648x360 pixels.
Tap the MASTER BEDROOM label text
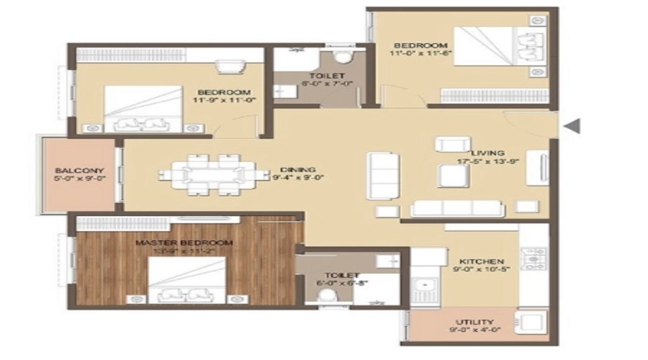(184, 243)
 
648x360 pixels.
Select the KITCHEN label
(477, 261)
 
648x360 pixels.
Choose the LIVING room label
(487, 153)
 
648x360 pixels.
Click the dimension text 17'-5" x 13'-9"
(487, 163)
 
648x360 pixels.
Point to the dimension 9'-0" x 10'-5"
(477, 270)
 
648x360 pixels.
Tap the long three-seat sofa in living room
(456, 208)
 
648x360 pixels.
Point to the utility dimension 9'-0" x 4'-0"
(474, 331)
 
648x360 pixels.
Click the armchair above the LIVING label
(452, 143)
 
